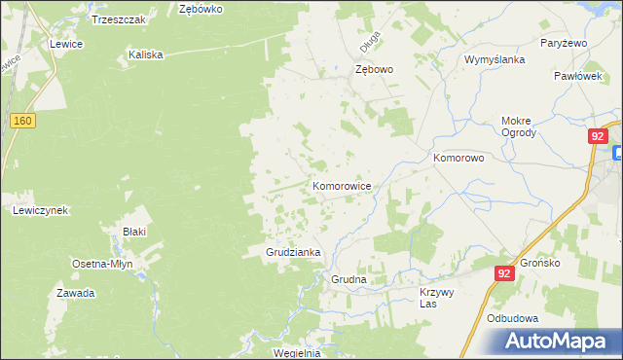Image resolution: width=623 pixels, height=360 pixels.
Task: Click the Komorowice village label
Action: [x=341, y=185]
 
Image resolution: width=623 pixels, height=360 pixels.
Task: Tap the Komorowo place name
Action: [x=458, y=157]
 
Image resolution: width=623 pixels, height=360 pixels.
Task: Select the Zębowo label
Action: [x=374, y=70]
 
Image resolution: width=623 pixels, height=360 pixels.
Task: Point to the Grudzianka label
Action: [x=294, y=252]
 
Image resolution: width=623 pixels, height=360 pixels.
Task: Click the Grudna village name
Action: [x=348, y=279]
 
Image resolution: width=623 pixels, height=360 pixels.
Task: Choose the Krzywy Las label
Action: [x=437, y=298]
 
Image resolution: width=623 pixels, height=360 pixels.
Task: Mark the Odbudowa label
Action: [x=513, y=318]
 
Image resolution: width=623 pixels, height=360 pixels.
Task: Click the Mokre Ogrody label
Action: [x=518, y=126]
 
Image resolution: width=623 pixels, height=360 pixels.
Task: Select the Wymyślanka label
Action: [x=495, y=59]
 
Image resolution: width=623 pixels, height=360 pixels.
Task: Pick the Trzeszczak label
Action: [x=119, y=19]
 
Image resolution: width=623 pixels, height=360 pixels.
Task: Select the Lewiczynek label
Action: [x=39, y=210]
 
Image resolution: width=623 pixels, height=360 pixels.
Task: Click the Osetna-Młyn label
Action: [x=102, y=264]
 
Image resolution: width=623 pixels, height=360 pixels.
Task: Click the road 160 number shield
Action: [x=24, y=120]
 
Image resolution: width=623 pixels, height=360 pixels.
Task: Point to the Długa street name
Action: [x=370, y=45]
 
